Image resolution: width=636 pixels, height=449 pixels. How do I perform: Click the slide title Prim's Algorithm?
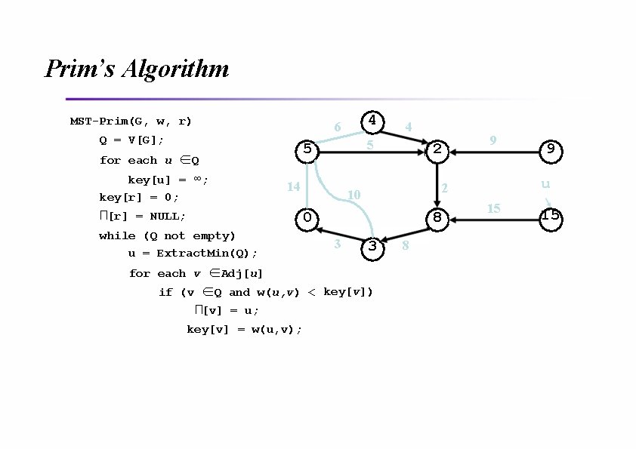tap(137, 69)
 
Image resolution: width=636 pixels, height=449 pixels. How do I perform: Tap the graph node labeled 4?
tap(372, 121)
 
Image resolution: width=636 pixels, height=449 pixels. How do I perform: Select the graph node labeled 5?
tap(307, 149)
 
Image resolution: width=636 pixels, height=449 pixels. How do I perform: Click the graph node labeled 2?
tap(437, 149)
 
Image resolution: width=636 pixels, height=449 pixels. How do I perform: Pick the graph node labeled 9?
tap(551, 149)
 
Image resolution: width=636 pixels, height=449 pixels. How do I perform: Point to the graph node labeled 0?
tap(307, 218)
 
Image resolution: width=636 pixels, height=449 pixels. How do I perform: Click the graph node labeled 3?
tap(372, 247)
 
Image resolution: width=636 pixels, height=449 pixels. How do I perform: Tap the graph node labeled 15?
tap(551, 216)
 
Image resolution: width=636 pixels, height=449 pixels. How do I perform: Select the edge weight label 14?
tap(294, 186)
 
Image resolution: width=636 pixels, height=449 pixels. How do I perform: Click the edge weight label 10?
tap(353, 195)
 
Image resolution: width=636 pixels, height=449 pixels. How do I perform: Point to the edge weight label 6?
tap(337, 128)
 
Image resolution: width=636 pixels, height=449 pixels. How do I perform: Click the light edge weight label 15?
tap(493, 208)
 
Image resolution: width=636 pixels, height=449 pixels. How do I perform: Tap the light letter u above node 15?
tap(545, 184)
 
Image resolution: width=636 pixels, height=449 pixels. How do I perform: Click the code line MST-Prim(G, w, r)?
tap(131, 121)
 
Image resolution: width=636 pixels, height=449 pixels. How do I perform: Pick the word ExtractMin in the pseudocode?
tap(193, 254)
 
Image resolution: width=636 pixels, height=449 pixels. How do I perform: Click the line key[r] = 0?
tap(139, 198)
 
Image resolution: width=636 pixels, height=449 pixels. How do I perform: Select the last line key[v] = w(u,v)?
tap(244, 329)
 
